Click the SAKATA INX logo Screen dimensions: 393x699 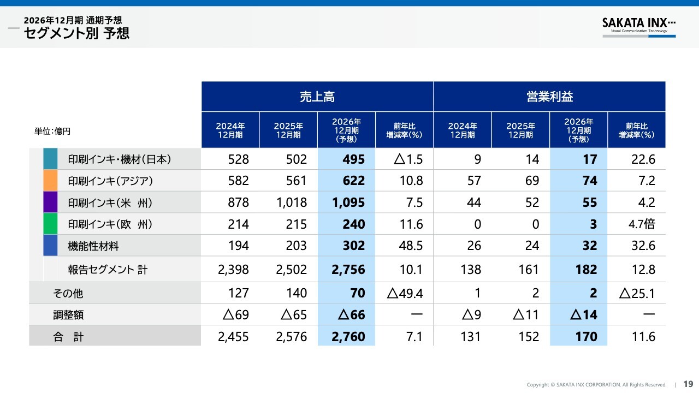click(638, 26)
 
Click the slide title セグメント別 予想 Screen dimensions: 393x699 click(76, 33)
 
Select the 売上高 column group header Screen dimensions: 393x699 click(317, 97)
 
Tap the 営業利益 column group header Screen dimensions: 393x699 click(549, 97)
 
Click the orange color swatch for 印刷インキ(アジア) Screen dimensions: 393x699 click(50, 180)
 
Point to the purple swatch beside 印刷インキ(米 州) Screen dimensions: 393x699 click(50, 202)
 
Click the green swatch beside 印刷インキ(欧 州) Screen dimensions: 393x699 click(50, 224)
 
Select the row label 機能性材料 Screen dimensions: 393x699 click(93, 246)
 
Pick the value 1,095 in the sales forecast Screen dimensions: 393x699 click(348, 203)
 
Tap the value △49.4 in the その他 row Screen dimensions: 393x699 click(405, 293)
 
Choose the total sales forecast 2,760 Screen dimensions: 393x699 click(348, 337)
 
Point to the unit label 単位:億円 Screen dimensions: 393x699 click(52, 131)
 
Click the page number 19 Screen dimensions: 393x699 click(688, 384)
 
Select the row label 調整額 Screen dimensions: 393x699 click(68, 315)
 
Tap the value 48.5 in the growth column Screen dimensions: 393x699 click(411, 246)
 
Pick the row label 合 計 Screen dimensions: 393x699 click(68, 337)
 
